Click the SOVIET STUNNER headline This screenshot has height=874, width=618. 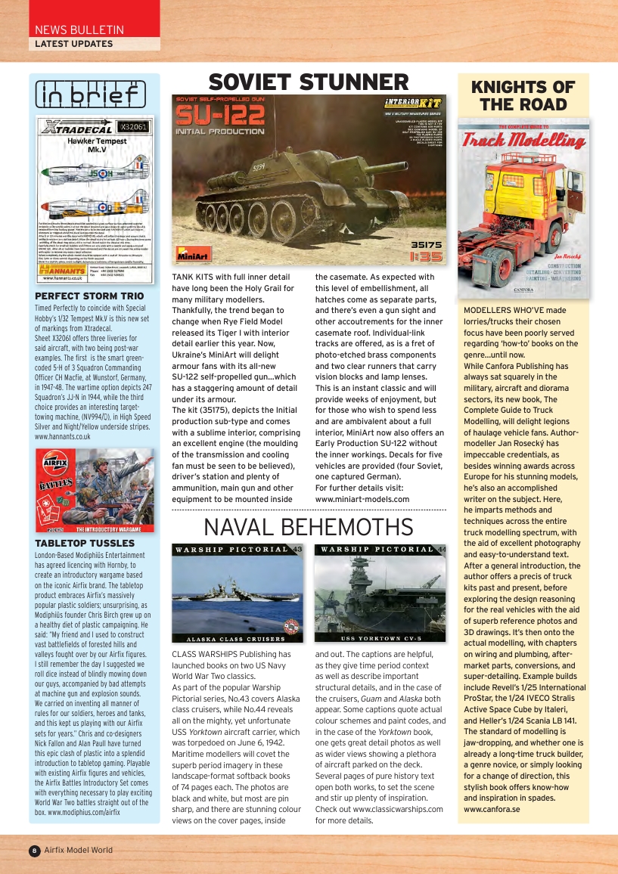[309, 82]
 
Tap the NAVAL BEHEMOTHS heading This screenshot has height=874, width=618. [309, 527]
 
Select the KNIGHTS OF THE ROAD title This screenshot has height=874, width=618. [523, 96]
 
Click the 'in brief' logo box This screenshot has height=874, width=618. [91, 95]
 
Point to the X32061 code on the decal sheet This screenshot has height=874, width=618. [134, 126]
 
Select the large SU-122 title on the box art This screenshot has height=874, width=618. [220, 116]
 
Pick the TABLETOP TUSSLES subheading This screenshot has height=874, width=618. [85, 543]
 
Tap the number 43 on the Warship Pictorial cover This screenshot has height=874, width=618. [297, 550]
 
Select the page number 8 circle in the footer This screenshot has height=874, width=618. [34, 851]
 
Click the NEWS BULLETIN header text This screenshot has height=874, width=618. [79, 30]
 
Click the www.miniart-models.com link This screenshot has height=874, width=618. [362, 499]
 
